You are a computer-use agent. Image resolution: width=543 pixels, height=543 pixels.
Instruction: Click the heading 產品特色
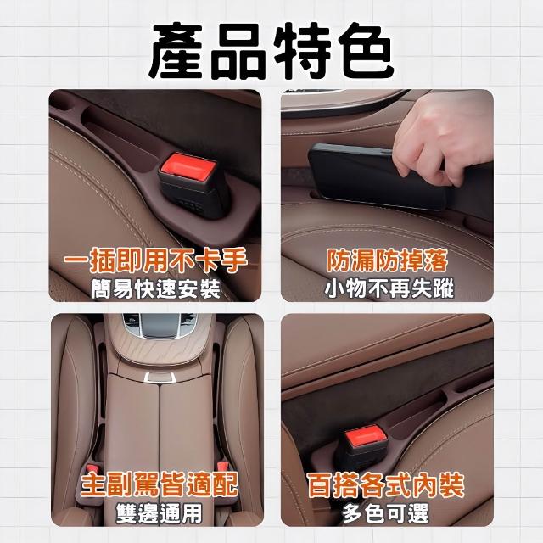271,51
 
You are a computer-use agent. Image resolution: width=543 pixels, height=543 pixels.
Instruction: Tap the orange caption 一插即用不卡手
155,260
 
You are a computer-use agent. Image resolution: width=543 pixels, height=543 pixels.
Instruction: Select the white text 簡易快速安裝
156,289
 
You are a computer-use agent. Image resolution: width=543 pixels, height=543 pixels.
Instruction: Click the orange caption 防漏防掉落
387,260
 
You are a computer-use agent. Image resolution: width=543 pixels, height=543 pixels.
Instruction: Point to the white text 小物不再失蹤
389,288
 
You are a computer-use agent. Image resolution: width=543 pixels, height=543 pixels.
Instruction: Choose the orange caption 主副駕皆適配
160,484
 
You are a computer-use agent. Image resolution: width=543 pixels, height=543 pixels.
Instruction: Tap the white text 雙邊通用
159,512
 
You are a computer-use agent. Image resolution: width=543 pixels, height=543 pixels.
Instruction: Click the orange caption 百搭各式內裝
386,484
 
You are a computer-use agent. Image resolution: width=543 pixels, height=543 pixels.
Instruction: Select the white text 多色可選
386,512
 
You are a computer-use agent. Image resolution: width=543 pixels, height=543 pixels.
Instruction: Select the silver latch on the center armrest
160,378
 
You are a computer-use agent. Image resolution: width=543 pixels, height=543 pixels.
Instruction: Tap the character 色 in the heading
366,51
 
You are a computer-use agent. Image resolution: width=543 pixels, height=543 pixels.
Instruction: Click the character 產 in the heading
177,51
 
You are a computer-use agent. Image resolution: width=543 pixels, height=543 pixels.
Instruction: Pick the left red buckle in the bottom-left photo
92,467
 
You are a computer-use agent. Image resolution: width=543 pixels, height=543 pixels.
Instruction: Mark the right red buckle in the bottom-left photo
222,466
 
